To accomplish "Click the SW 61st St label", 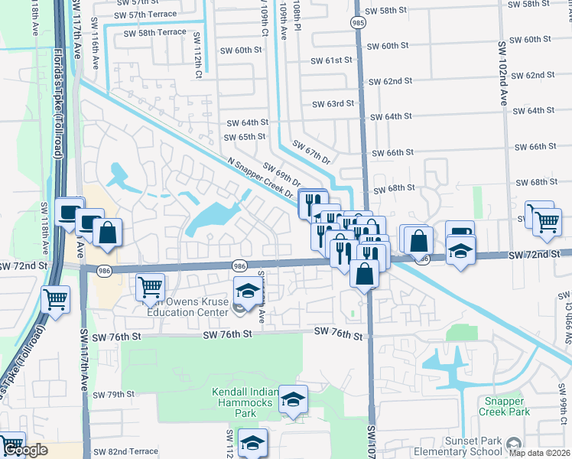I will point(331,60).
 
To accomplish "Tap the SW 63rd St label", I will point(333,103).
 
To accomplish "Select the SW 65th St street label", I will point(244,137).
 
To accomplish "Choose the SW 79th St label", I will point(113,395).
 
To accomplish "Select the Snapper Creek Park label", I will point(505,405).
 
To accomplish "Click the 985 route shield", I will point(358,24).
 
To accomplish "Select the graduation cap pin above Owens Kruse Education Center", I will point(247,290).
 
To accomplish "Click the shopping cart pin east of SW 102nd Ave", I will point(546,221).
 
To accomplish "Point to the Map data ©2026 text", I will point(540,454).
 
